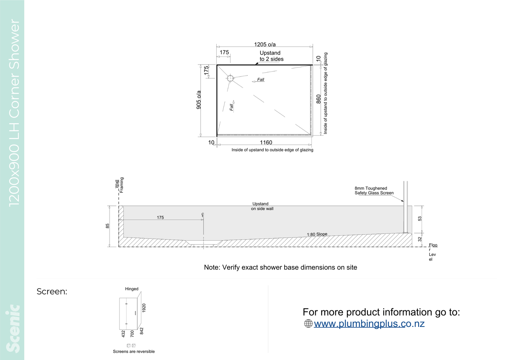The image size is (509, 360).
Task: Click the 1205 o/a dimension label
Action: [265, 44]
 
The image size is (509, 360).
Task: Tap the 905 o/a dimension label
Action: [199, 100]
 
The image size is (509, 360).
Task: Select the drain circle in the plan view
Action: [230, 78]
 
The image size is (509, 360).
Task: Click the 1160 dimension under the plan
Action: [266, 143]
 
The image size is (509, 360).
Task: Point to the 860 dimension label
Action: [318, 99]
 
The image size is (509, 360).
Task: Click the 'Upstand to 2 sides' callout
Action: [272, 56]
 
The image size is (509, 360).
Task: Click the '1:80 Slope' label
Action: [317, 234]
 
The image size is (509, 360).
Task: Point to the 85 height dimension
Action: [107, 226]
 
